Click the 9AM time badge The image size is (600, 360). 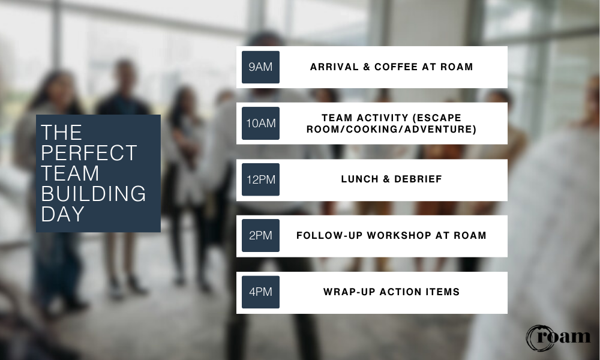pyautogui.click(x=260, y=67)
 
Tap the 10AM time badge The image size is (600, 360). pyautogui.click(x=260, y=123)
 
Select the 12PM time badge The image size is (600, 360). pyautogui.click(x=260, y=179)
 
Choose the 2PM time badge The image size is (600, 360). pyautogui.click(x=260, y=236)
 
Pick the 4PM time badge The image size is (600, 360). pyautogui.click(x=260, y=292)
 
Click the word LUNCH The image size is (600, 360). pyautogui.click(x=359, y=179)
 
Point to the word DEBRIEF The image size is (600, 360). pyautogui.click(x=418, y=179)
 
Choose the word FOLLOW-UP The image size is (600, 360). pyautogui.click(x=329, y=236)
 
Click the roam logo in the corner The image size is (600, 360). pyautogui.click(x=558, y=338)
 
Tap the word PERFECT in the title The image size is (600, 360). pyautogui.click(x=89, y=152)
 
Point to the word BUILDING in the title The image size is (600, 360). pyautogui.click(x=94, y=194)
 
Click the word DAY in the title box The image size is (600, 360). pyautogui.click(x=62, y=214)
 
